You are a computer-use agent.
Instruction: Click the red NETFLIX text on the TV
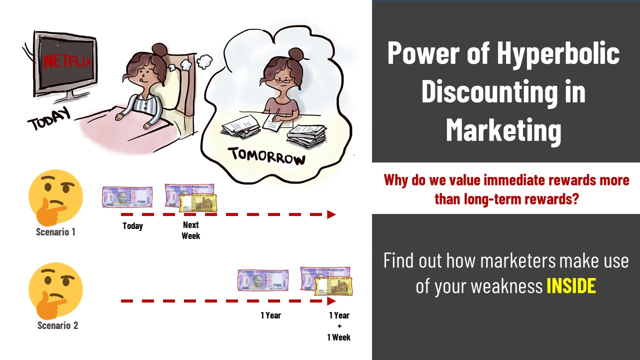tap(68, 61)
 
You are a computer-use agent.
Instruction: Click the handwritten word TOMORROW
tap(267, 156)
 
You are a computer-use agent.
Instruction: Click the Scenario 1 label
tap(55, 232)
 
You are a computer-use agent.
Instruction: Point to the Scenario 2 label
tap(57, 325)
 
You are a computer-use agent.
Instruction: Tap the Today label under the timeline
tap(132, 226)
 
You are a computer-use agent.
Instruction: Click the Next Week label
tap(190, 230)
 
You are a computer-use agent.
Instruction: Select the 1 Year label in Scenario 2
tap(270, 315)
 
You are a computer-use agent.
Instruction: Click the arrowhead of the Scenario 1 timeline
tap(331, 214)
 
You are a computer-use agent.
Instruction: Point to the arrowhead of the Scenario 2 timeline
tap(331, 301)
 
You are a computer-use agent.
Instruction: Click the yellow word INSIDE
tap(571, 285)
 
